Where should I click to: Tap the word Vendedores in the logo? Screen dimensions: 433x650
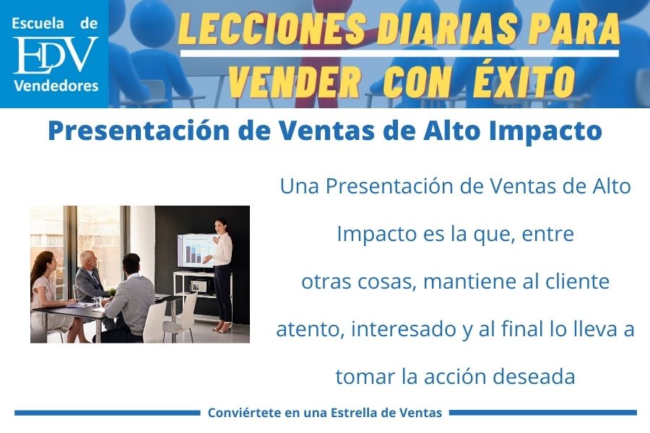coord(55,87)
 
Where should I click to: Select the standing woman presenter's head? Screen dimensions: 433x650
coord(222,225)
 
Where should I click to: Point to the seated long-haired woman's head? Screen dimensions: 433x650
coord(44,262)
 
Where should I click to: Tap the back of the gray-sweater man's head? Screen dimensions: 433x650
coord(131,263)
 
